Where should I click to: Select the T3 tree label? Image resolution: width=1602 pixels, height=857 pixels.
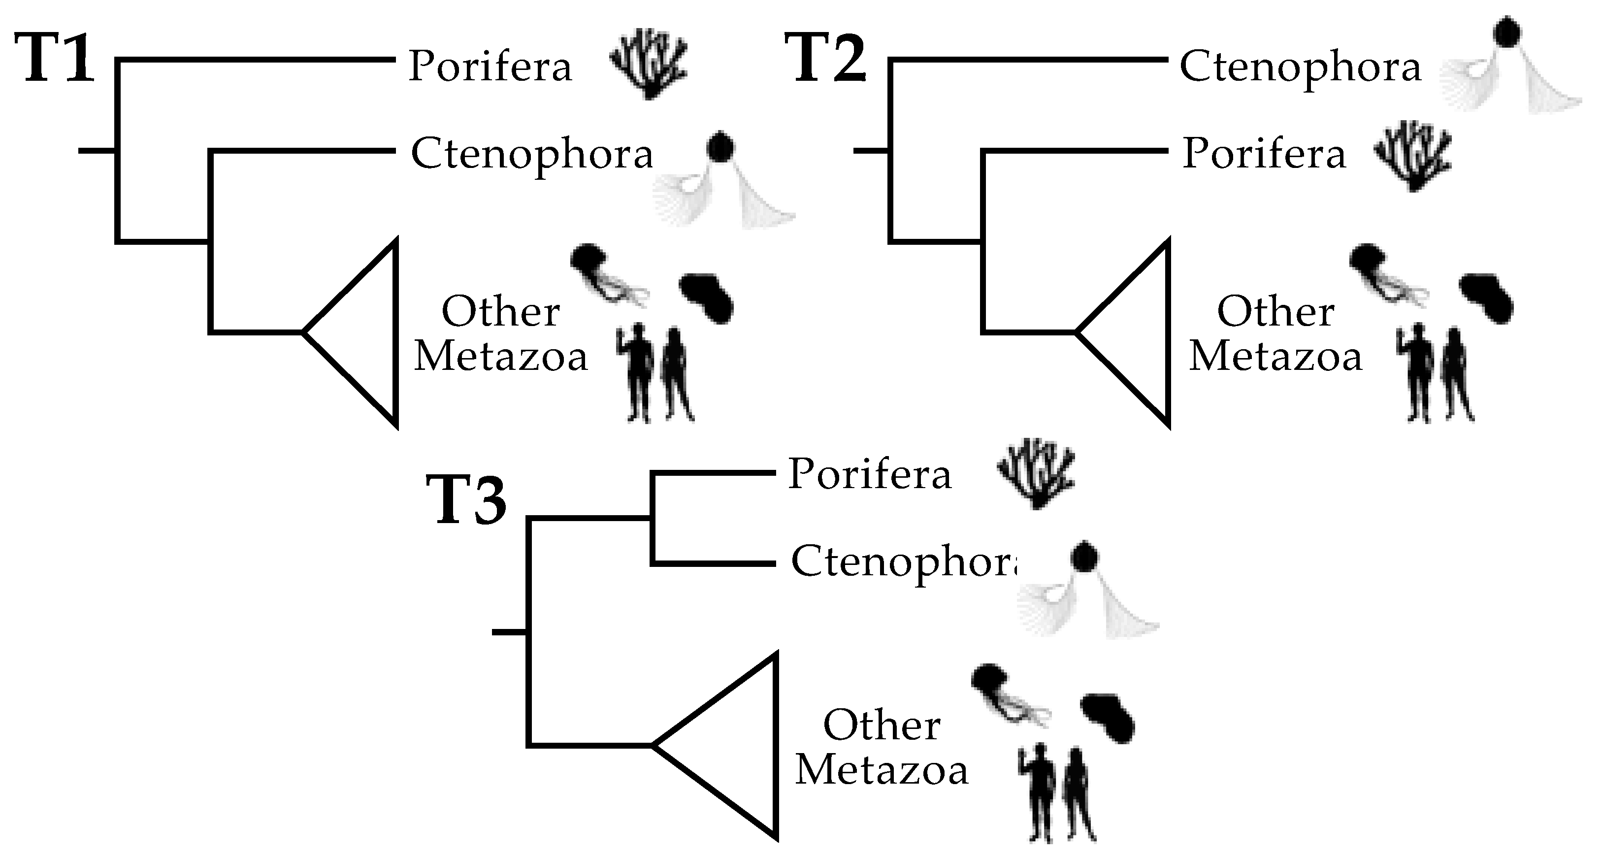[x=466, y=500]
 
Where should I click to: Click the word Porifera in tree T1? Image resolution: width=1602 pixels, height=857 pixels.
[x=490, y=66]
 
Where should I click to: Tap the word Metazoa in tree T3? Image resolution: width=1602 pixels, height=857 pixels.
[x=882, y=771]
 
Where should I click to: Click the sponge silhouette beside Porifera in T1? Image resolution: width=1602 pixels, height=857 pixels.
[x=649, y=66]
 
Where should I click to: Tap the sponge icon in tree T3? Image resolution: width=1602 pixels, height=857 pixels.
[x=1036, y=474]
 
